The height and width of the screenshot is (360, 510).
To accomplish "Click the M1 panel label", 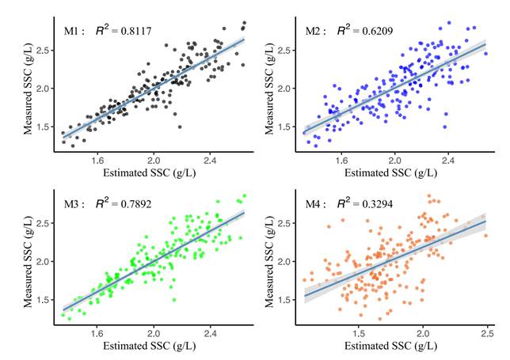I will pyautogui.click(x=74, y=32).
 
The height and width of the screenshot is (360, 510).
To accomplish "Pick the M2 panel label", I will pyautogui.click(x=316, y=32).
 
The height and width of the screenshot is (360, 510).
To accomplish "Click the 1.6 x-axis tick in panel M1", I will pyautogui.click(x=97, y=159).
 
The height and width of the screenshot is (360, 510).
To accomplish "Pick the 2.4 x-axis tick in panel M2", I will pyautogui.click(x=447, y=159).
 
